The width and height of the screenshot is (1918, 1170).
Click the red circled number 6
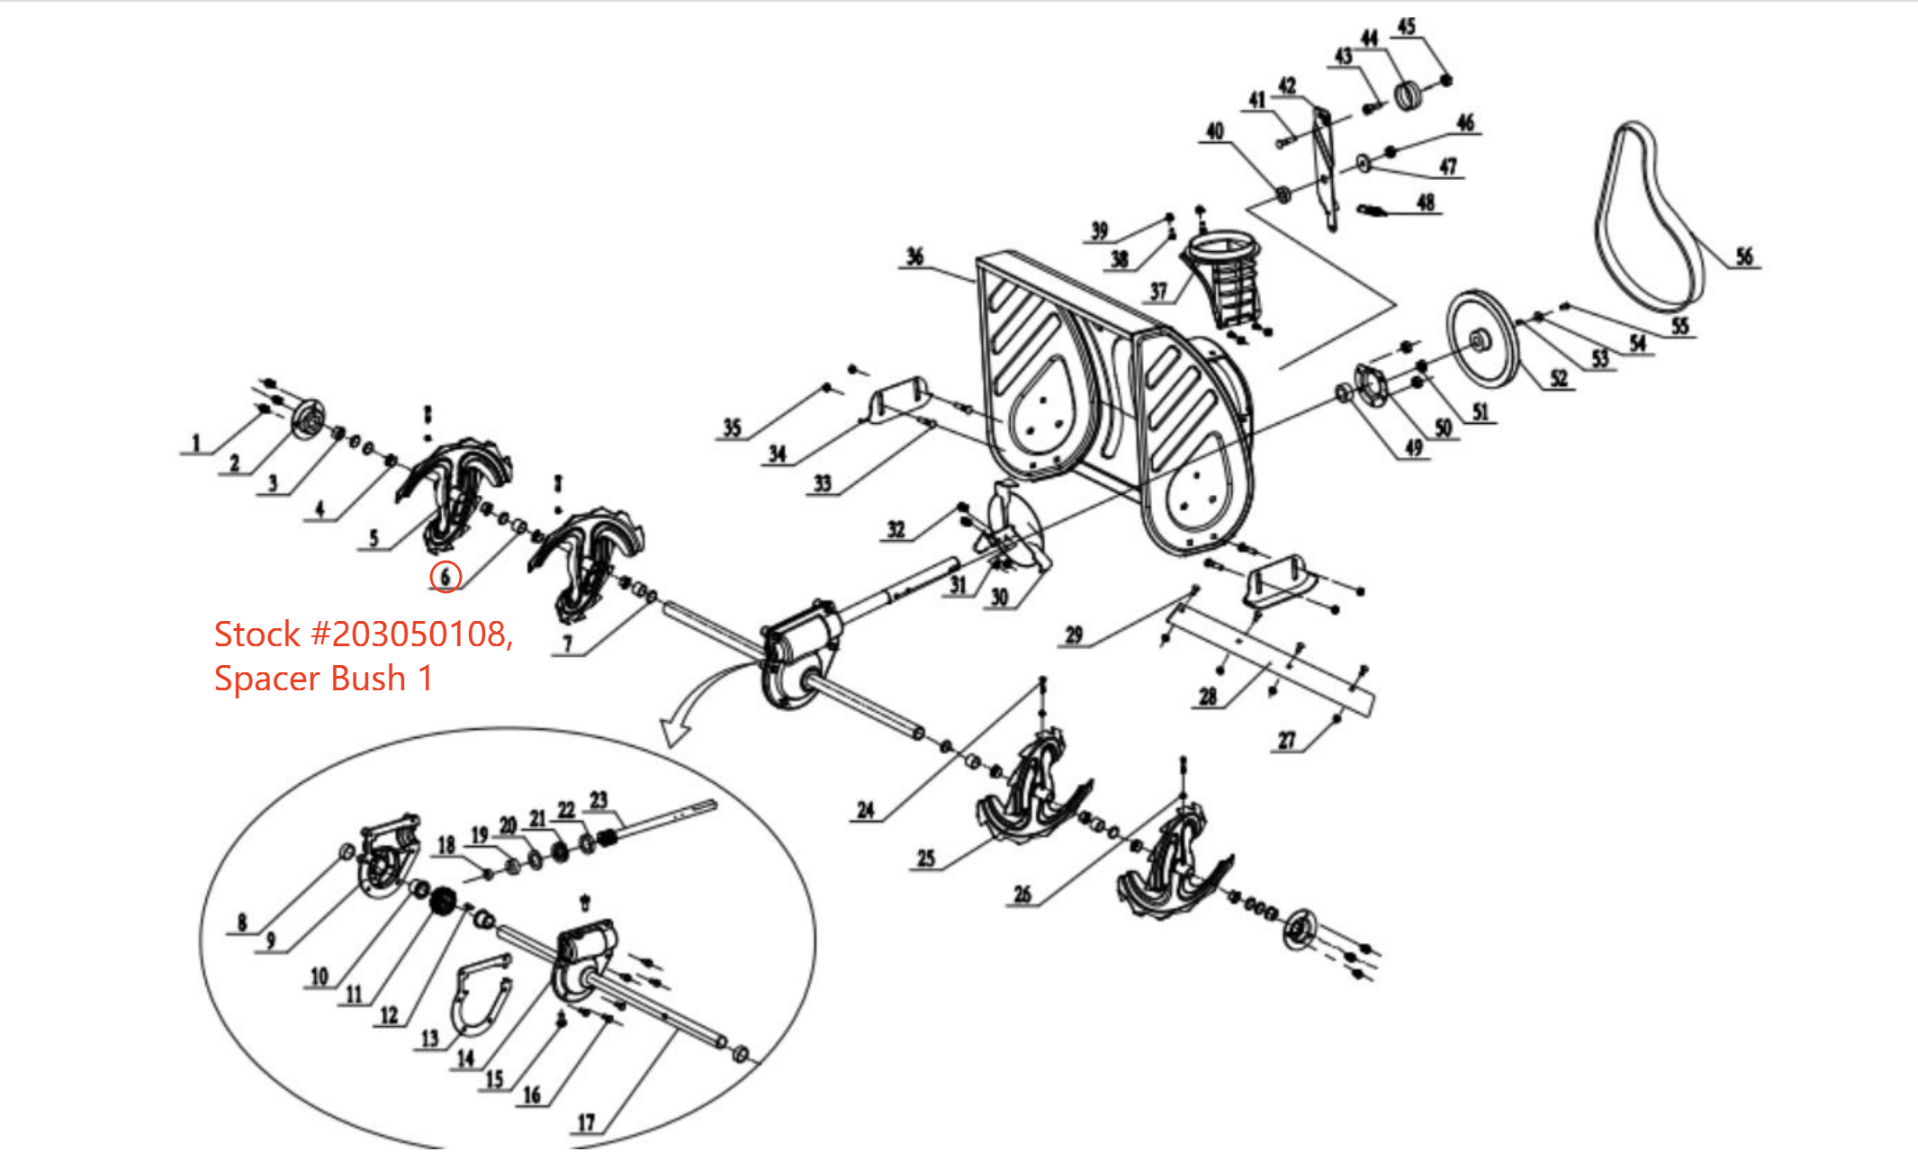click(446, 576)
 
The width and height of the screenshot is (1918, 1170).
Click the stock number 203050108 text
click(364, 634)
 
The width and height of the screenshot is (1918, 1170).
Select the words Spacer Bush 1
click(323, 679)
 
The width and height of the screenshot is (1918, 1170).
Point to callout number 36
click(914, 256)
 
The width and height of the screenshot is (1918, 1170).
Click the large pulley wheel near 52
click(1481, 339)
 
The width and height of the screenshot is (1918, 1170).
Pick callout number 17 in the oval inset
click(586, 1122)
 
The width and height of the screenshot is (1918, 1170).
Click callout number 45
click(1406, 26)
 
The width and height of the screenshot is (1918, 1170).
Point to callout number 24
click(865, 810)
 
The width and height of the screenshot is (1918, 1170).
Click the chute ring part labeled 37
click(1224, 270)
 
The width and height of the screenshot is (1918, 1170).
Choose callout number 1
click(195, 443)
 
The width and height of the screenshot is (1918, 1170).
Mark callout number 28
click(1207, 696)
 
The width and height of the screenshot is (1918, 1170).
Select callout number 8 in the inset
click(241, 922)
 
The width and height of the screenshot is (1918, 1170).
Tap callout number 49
click(1413, 447)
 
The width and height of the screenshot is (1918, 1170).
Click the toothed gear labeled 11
click(441, 900)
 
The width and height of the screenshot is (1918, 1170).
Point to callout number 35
click(732, 427)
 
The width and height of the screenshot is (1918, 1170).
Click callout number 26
click(1022, 894)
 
